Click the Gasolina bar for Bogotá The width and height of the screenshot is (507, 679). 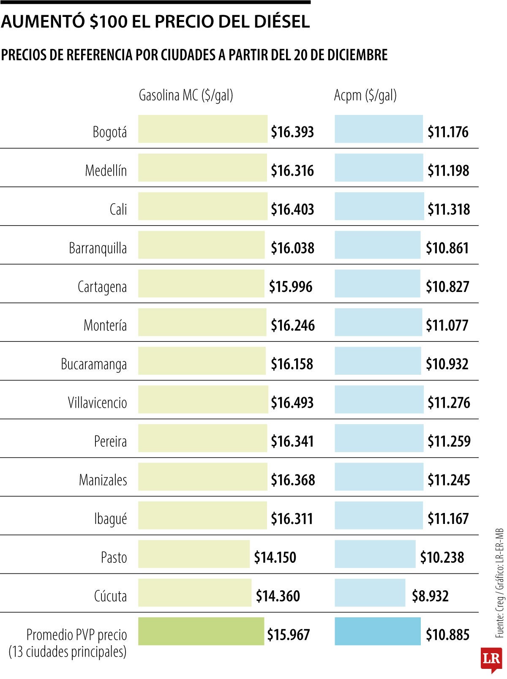(x=203, y=129)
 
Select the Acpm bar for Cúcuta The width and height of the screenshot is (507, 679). (x=370, y=592)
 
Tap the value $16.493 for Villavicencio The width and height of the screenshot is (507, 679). (x=292, y=403)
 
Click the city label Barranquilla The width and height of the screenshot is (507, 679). (x=98, y=248)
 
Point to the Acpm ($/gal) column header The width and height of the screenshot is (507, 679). (x=365, y=95)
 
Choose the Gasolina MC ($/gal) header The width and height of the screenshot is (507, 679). (x=186, y=95)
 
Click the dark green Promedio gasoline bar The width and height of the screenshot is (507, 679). (x=201, y=631)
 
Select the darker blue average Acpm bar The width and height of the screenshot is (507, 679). (x=378, y=631)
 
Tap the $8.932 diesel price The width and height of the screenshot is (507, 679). (x=430, y=596)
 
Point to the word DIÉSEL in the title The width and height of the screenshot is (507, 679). (x=276, y=22)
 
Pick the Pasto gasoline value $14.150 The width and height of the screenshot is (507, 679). (x=275, y=557)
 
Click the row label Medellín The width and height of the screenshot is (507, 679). (x=106, y=171)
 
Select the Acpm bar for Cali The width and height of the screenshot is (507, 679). (x=379, y=206)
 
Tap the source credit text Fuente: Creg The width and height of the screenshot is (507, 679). (x=500, y=617)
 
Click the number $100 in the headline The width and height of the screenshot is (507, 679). (x=108, y=22)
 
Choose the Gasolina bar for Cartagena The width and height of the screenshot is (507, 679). (x=201, y=284)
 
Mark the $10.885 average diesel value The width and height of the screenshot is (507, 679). (x=447, y=635)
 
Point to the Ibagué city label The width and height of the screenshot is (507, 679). (x=110, y=519)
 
